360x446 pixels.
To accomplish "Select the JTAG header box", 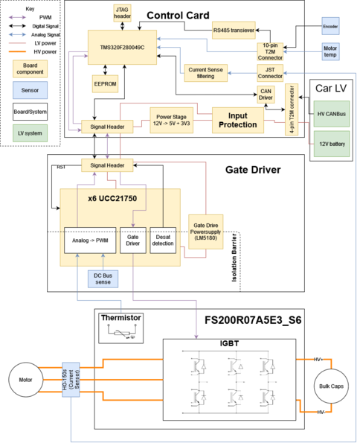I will point(122,13).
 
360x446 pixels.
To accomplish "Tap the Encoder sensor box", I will point(330,28).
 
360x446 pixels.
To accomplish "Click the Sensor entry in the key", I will point(30,91).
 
